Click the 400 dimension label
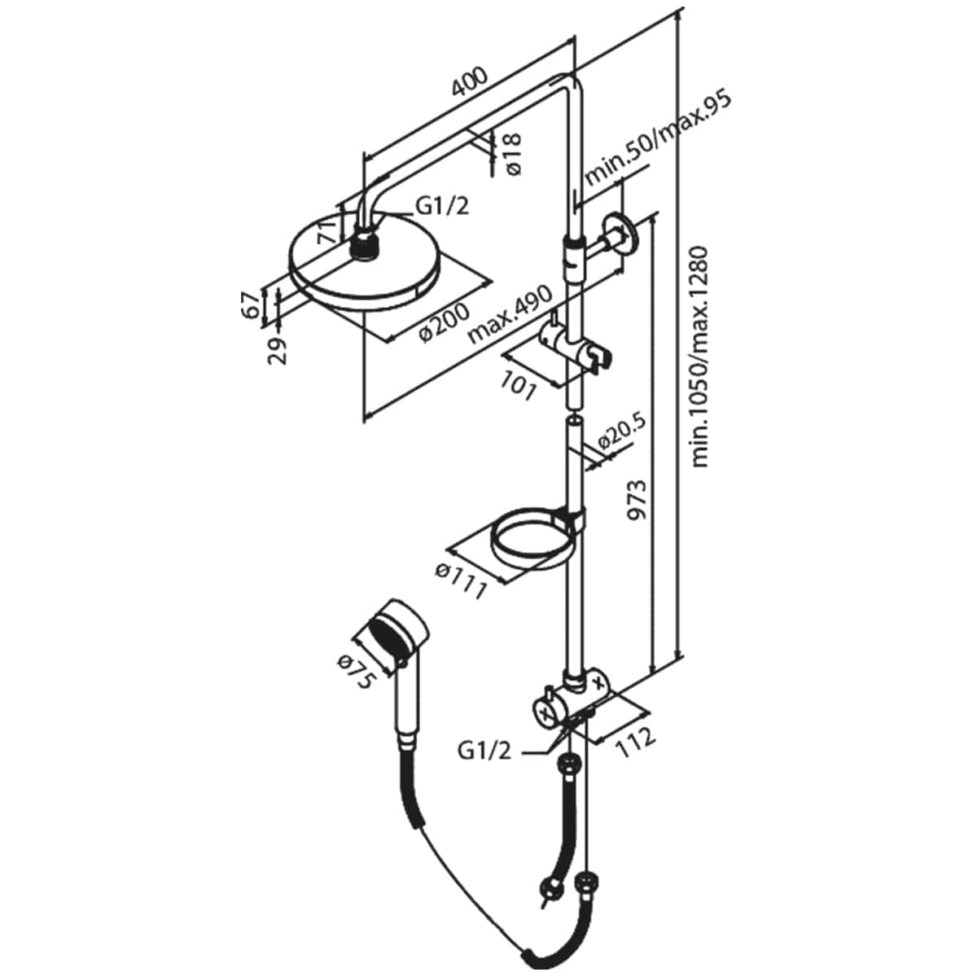470,81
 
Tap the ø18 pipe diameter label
513,154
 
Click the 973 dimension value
637,499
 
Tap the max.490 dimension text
510,315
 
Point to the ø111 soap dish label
462,581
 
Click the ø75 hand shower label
357,673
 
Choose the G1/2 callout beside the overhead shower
442,207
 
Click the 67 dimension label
249,306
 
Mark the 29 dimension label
278,351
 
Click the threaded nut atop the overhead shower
364,246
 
